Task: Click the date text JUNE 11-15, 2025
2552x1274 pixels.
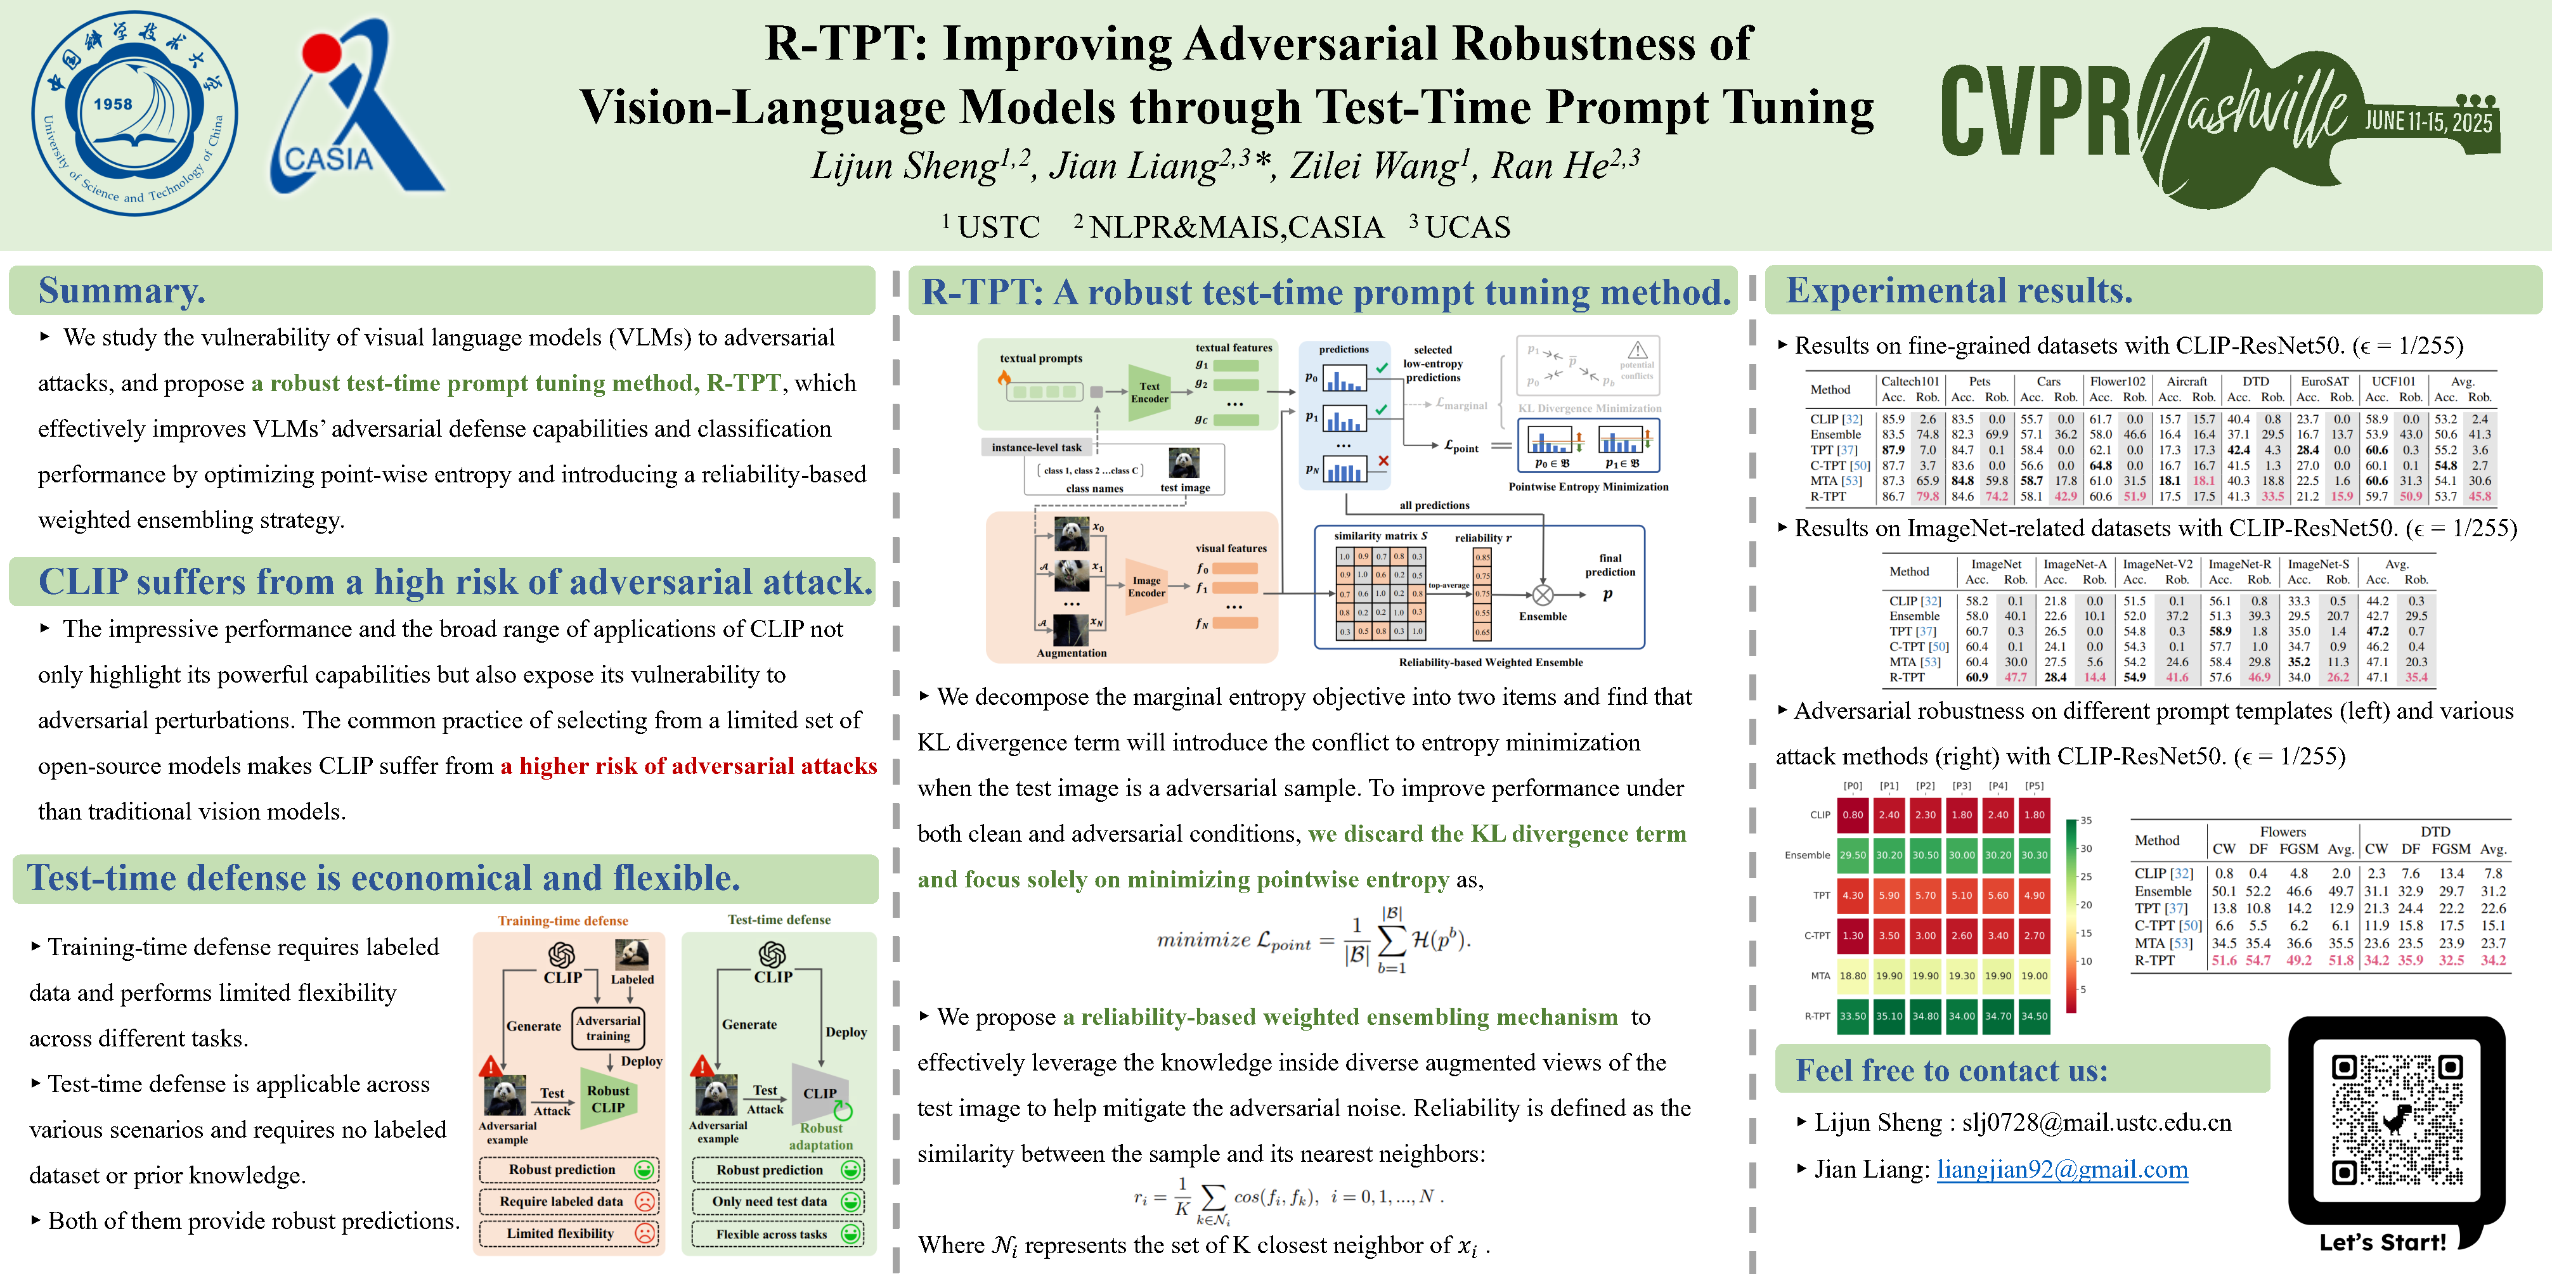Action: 2427,121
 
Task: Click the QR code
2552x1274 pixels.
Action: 2395,1119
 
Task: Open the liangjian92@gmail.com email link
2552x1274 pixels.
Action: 2062,1170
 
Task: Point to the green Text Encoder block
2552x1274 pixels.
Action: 1149,392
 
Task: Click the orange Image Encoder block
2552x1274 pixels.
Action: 1146,586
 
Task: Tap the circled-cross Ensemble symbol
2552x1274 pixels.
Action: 1543,595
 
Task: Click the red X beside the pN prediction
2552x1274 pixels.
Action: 1383,461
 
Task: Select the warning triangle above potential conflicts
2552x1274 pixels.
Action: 1638,350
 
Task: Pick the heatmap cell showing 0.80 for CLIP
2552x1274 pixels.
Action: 1851,815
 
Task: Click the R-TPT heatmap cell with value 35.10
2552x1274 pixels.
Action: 1888,1015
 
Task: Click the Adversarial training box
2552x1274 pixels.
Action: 607,1027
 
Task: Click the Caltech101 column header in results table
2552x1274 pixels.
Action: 1909,382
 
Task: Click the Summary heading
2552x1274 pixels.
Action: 122,290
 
